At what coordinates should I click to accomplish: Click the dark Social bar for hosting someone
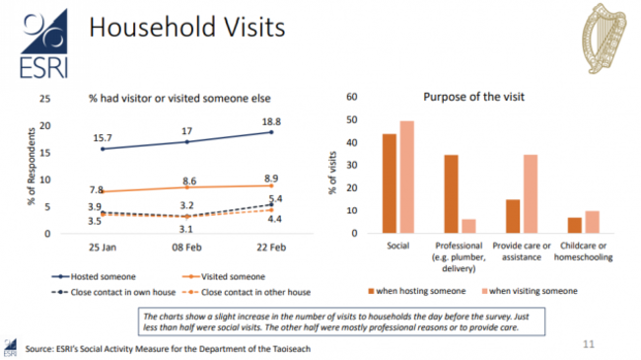(x=390, y=183)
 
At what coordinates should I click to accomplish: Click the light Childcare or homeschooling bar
(x=592, y=222)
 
